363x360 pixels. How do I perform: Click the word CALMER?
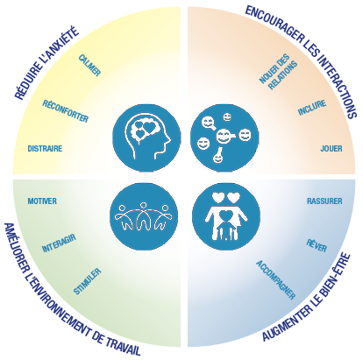(x=89, y=66)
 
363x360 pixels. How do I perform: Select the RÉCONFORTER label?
(x=66, y=111)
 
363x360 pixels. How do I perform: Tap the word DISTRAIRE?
(x=45, y=149)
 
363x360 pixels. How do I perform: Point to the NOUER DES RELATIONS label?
(x=278, y=72)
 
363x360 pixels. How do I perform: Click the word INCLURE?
(x=312, y=108)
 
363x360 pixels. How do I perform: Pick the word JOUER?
(x=331, y=149)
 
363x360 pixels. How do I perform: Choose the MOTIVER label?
(x=42, y=201)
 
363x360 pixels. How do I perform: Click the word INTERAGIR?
(x=59, y=243)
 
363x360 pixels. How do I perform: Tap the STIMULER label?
(x=87, y=281)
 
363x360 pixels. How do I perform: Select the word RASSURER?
(x=324, y=201)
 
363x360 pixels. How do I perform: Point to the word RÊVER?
(x=317, y=245)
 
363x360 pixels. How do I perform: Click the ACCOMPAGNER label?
(x=276, y=280)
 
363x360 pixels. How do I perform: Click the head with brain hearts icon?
(x=146, y=138)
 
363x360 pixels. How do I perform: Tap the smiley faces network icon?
(x=224, y=138)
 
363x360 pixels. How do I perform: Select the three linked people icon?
(x=144, y=216)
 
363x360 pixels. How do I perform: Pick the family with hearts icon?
(x=226, y=216)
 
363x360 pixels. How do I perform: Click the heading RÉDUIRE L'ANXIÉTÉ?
(x=46, y=63)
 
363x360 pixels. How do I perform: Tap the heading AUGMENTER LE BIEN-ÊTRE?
(x=306, y=298)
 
